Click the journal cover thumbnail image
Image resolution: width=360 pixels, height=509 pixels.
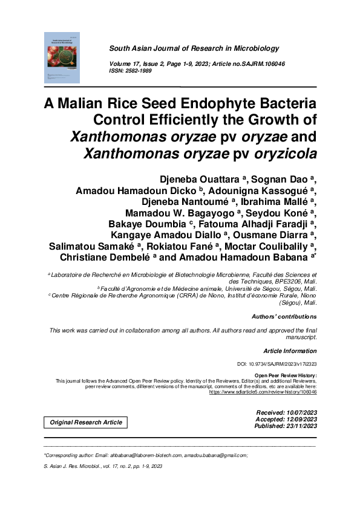tap(62, 57)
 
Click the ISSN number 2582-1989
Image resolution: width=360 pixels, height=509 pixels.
tap(139, 71)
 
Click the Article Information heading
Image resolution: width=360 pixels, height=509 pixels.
tap(290, 351)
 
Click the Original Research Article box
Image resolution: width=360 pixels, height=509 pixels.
tap(85, 422)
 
